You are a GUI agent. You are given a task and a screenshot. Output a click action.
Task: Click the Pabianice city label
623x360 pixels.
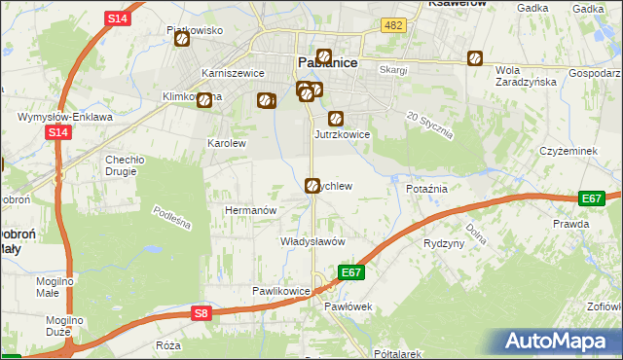[326, 63]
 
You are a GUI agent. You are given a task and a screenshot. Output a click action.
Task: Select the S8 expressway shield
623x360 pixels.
[201, 312]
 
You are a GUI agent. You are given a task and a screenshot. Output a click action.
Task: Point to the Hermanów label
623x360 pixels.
[251, 210]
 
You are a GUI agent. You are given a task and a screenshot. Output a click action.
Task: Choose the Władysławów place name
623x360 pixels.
[312, 241]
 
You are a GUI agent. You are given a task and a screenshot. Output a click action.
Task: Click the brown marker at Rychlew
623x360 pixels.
[312, 185]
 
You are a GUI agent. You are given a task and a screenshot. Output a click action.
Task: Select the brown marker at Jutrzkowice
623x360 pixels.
[336, 120]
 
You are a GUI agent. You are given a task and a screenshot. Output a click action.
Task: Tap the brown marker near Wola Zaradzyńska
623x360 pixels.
[475, 57]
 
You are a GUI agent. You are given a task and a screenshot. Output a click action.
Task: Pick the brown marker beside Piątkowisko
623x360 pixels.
[178, 42]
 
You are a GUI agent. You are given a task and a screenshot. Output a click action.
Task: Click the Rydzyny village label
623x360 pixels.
[444, 243]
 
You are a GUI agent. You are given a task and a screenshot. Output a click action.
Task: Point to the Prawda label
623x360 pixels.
[570, 224]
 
